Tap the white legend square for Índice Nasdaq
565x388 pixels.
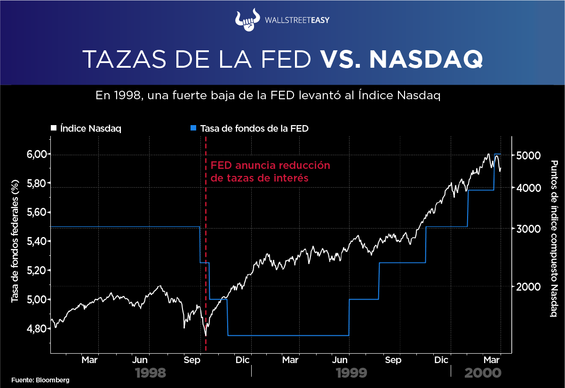54,128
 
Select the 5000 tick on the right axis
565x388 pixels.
528,156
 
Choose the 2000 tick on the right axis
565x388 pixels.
528,286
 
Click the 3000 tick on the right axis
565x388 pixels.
528,229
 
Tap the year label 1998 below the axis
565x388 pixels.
151,373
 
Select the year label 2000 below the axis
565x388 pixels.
482,373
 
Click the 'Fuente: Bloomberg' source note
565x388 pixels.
40,380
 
